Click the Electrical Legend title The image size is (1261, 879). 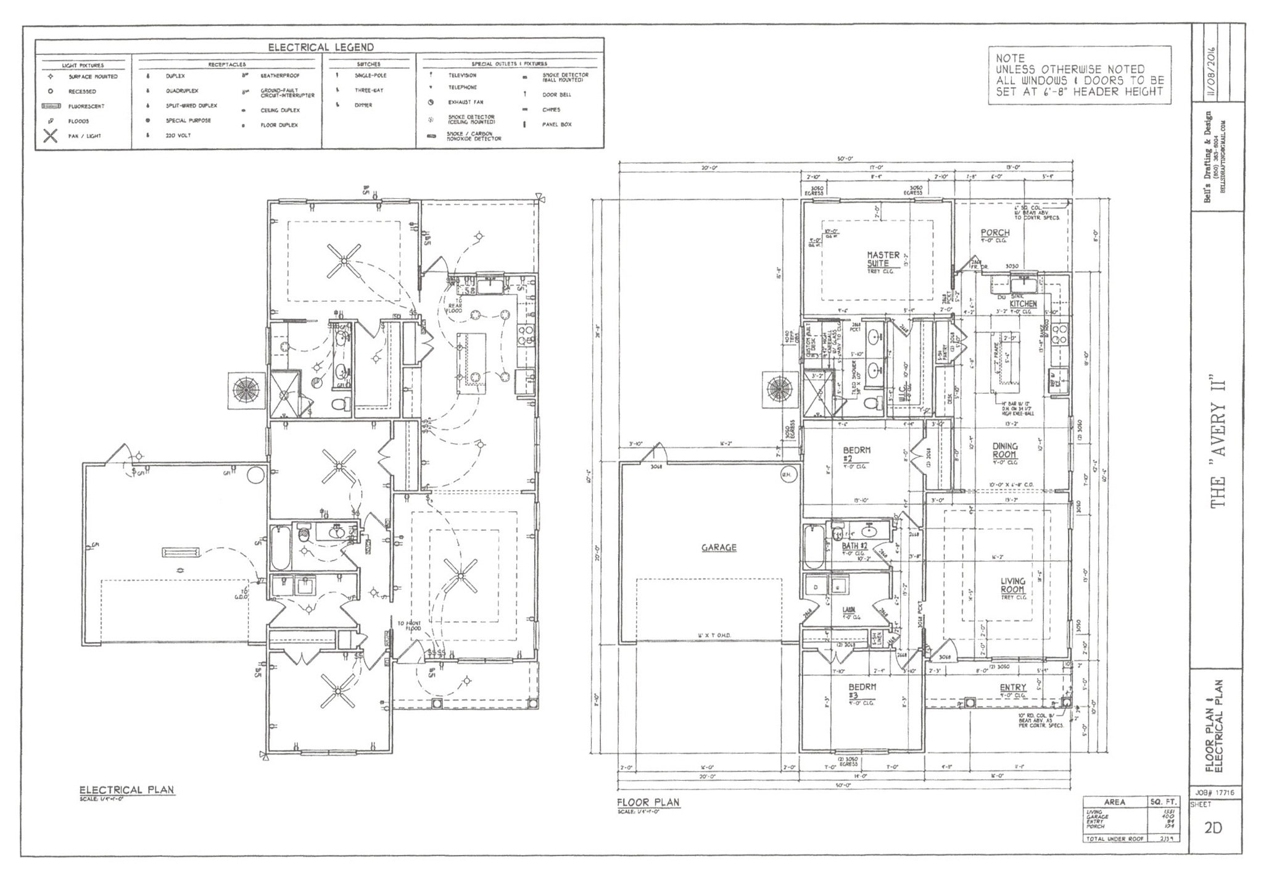point(320,48)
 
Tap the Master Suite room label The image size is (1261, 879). point(883,259)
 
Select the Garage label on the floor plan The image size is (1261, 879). point(719,548)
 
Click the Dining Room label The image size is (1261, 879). point(1005,451)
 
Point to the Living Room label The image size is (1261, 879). point(1012,585)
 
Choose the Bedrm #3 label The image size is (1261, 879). point(862,691)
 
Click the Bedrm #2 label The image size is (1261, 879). point(856,455)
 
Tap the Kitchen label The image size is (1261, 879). point(1023,304)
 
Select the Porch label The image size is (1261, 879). point(995,233)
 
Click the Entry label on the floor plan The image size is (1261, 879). point(1012,688)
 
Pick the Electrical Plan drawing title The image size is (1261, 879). point(126,790)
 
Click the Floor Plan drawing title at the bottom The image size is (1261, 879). point(648,802)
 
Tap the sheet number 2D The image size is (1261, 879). point(1213,828)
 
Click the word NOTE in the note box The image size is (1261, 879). point(1010,58)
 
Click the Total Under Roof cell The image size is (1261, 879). point(1114,839)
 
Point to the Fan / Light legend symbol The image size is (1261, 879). point(51,136)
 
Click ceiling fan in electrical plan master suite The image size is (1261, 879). point(344,260)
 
